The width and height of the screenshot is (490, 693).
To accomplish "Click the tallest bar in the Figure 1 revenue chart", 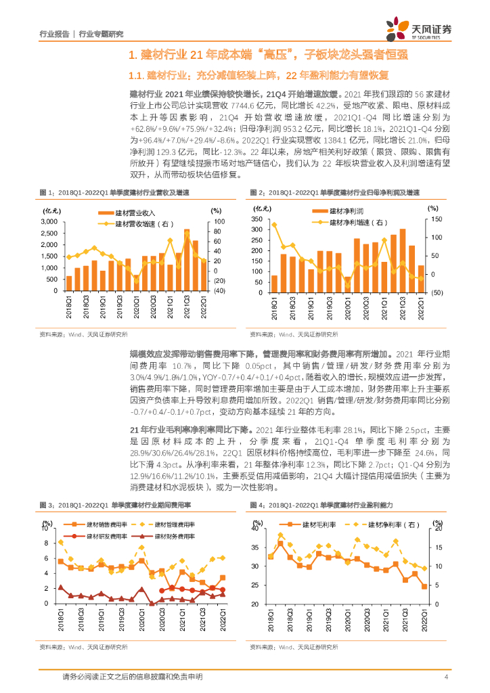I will click(187, 260).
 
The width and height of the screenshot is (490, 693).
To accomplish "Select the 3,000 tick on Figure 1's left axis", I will click(48, 222).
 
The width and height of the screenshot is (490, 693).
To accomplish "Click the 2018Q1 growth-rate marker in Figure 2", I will click(274, 224).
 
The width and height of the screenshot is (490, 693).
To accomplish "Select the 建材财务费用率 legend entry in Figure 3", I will click(167, 535).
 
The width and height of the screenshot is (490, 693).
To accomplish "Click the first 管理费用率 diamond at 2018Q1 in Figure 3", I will click(61, 542).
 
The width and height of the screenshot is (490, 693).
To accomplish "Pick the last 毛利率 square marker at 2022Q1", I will click(424, 587).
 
